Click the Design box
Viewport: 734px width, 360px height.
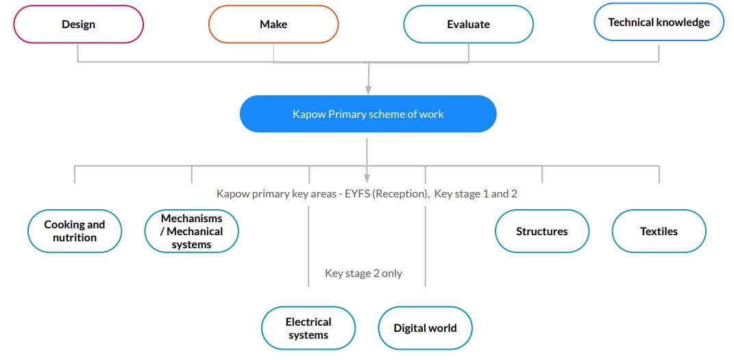pyautogui.click(x=78, y=25)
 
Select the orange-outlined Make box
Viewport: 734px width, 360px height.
pyautogui.click(x=273, y=25)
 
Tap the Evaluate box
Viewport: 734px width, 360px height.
pyautogui.click(x=469, y=25)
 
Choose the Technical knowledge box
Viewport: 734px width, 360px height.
pyautogui.click(x=659, y=22)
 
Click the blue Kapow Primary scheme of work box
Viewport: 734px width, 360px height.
pyautogui.click(x=368, y=114)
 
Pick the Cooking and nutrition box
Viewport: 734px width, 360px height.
pyautogui.click(x=75, y=231)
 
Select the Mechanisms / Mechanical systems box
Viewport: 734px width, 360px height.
pyautogui.click(x=191, y=231)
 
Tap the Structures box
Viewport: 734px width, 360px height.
pyautogui.click(x=542, y=231)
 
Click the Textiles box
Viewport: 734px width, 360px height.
pyautogui.click(x=659, y=231)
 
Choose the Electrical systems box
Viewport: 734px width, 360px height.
pyautogui.click(x=308, y=328)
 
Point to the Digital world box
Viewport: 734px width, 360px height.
pyautogui.click(x=425, y=328)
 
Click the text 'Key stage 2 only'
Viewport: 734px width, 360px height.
pyautogui.click(x=364, y=274)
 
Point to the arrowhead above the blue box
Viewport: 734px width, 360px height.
pyautogui.click(x=369, y=89)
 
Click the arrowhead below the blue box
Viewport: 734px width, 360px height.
pyautogui.click(x=367, y=178)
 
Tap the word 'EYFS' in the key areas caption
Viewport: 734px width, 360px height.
pyautogui.click(x=358, y=193)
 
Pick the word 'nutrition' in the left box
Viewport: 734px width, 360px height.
pyautogui.click(x=75, y=237)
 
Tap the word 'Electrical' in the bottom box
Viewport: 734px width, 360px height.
pyautogui.click(x=308, y=322)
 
